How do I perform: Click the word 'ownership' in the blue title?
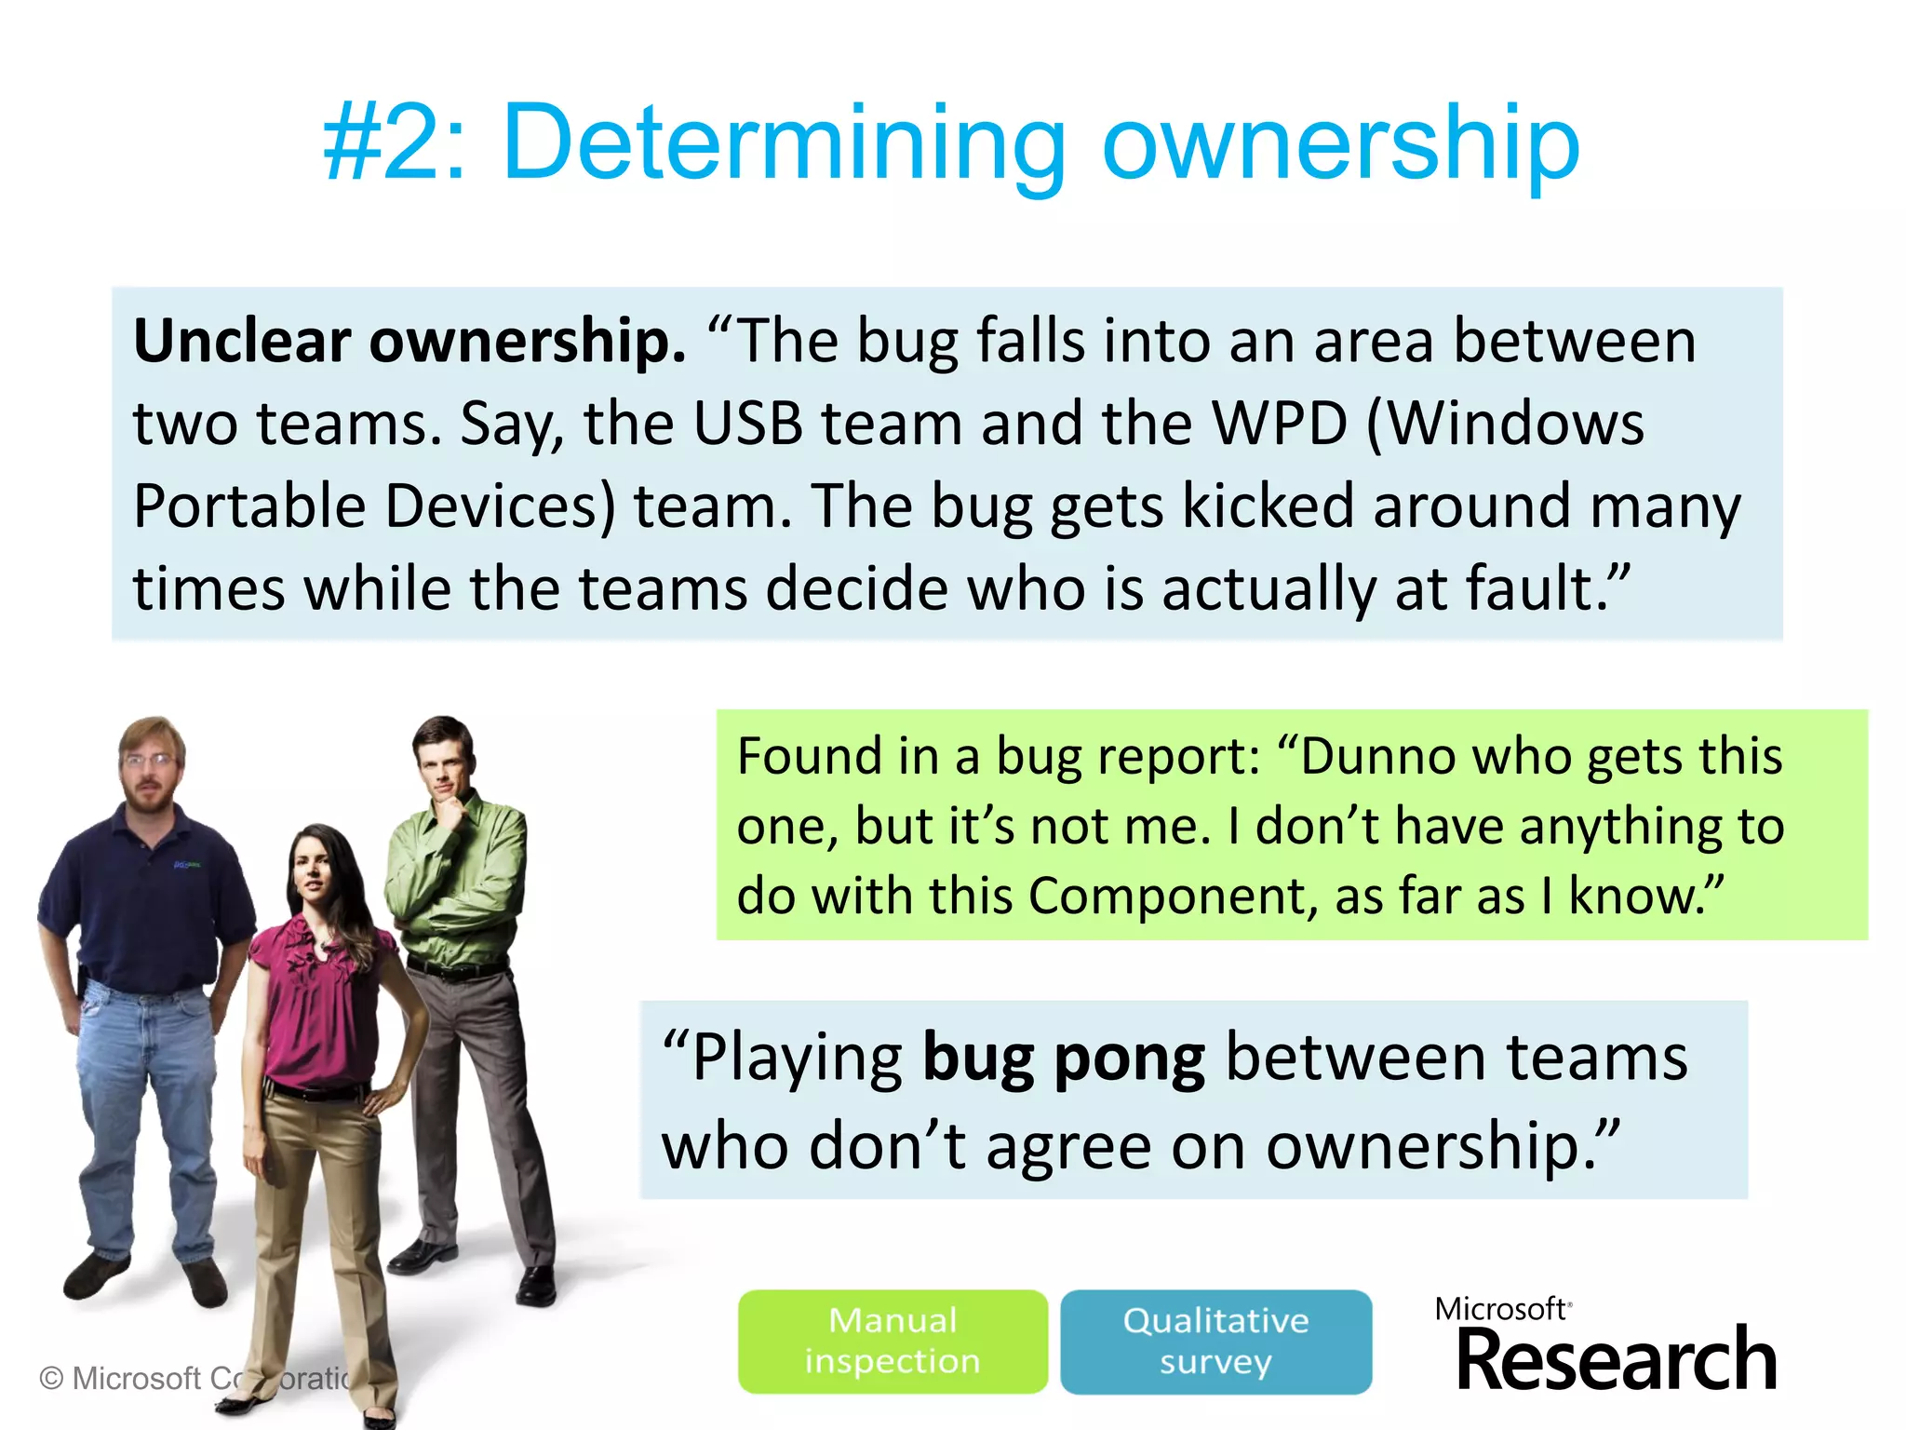tap(1340, 144)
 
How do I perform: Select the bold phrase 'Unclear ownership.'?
tap(409, 341)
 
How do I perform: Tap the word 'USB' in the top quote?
tap(747, 424)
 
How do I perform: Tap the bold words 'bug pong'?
tap(1063, 1059)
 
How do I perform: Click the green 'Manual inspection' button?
tap(893, 1341)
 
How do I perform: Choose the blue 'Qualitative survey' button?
tap(1215, 1341)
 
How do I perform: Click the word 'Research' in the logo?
tap(1617, 1361)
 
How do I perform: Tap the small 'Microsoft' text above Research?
tap(1500, 1309)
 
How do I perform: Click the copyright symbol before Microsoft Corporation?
tap(52, 1378)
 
